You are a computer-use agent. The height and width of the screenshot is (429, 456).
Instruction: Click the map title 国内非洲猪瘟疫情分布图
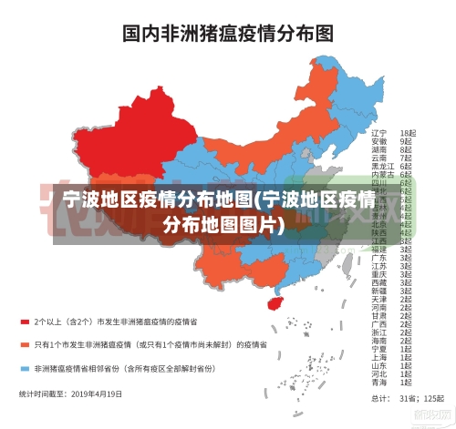pyautogui.click(x=228, y=34)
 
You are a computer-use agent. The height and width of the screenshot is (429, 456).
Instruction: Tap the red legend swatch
pyautogui.click(x=25, y=322)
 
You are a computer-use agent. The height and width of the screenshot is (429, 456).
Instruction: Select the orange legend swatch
pyautogui.click(x=25, y=345)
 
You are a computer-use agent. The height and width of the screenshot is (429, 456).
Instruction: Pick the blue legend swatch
pyautogui.click(x=25, y=369)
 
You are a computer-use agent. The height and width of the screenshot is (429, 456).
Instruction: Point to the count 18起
pyautogui.click(x=408, y=133)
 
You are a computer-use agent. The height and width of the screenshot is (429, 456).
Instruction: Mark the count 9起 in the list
pyautogui.click(x=406, y=141)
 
